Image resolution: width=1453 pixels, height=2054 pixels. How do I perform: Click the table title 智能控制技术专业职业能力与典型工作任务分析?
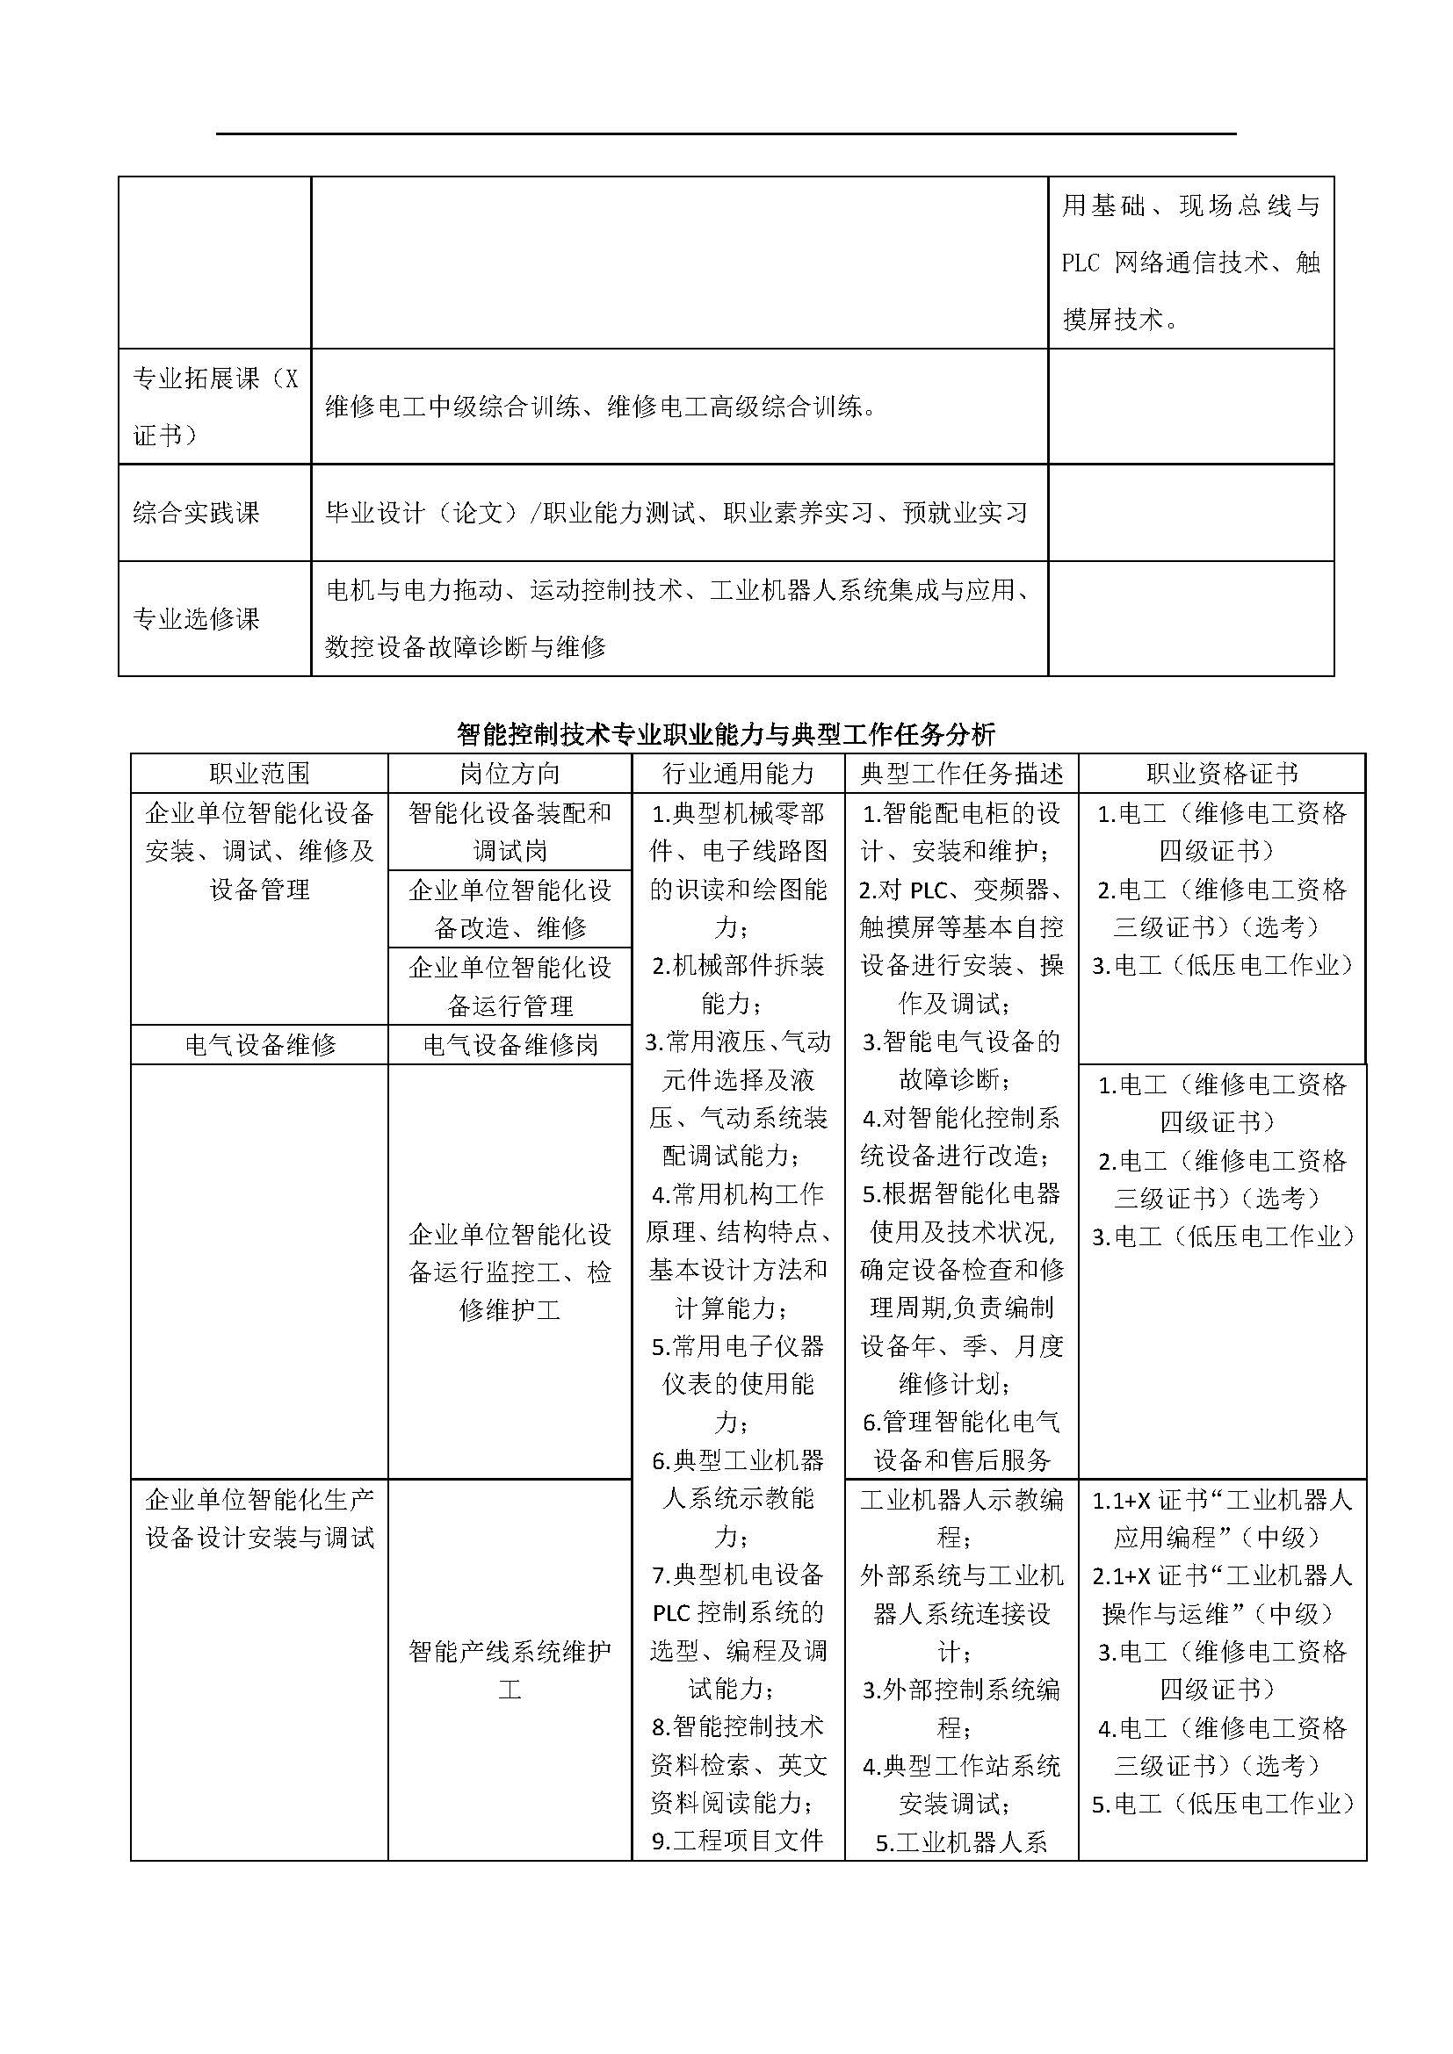726,734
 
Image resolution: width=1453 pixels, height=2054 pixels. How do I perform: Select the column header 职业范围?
259,774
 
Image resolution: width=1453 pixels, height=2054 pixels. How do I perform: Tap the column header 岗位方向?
510,774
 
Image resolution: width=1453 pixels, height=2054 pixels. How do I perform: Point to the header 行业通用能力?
738,774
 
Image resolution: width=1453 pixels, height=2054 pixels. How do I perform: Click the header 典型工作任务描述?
962,774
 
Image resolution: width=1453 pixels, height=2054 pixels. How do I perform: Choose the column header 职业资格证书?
1222,774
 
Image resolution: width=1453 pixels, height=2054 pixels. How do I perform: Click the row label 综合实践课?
196,513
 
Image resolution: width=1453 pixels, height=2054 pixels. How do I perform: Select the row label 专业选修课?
196,618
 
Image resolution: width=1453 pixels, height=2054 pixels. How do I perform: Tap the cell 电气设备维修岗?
510,1045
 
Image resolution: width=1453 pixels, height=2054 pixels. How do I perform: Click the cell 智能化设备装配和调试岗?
510,832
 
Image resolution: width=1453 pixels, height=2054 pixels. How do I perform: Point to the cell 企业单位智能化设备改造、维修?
510,909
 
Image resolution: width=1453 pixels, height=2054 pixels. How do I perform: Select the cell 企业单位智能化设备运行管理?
510,986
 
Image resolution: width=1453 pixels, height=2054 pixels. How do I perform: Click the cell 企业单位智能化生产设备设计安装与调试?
259,1518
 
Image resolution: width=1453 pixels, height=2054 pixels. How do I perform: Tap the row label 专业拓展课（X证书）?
214,407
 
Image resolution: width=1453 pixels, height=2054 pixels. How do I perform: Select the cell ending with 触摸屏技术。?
1190,262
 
